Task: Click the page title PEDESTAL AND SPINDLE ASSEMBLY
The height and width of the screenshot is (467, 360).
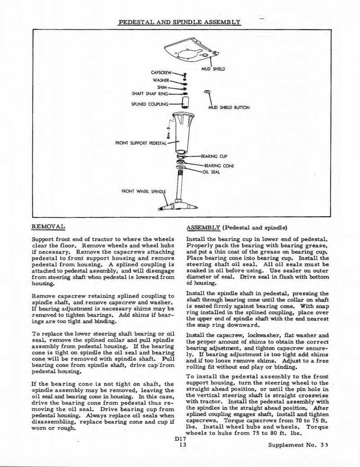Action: point(179,22)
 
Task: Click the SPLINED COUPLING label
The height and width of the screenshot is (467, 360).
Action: point(149,104)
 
